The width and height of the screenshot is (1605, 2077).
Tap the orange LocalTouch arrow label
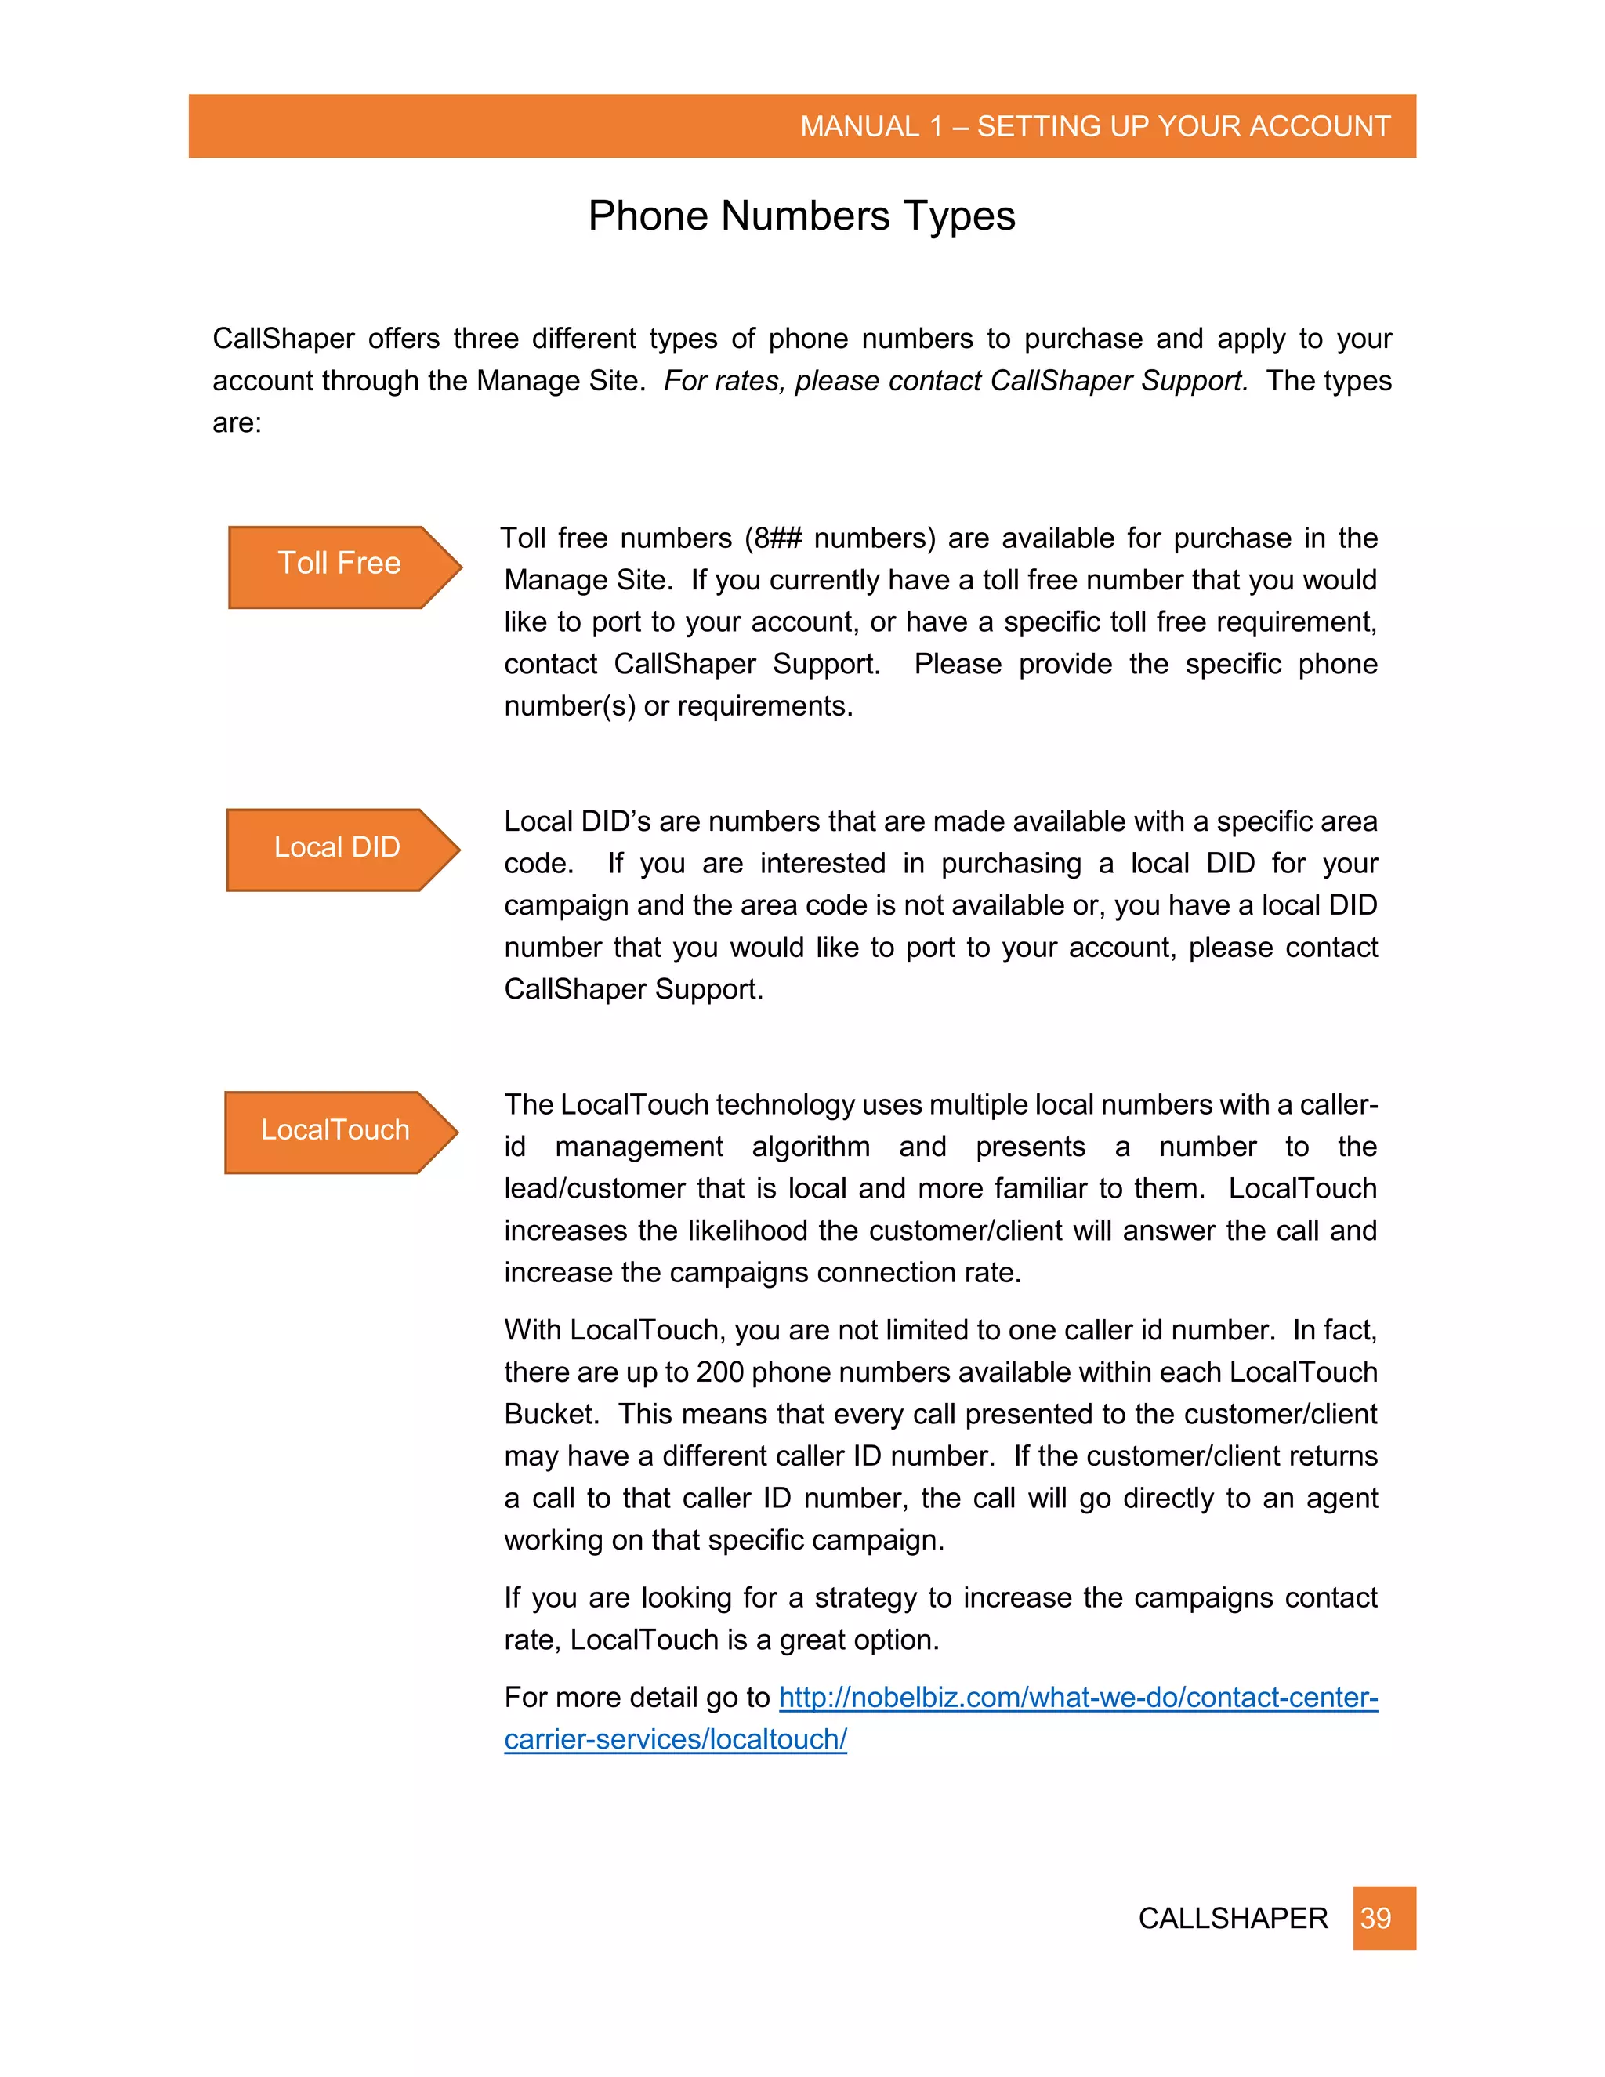(335, 1131)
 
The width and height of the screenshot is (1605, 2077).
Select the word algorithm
(810, 1147)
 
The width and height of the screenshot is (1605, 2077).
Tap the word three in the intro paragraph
(484, 339)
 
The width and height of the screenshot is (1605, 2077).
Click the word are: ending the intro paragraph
(237, 422)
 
